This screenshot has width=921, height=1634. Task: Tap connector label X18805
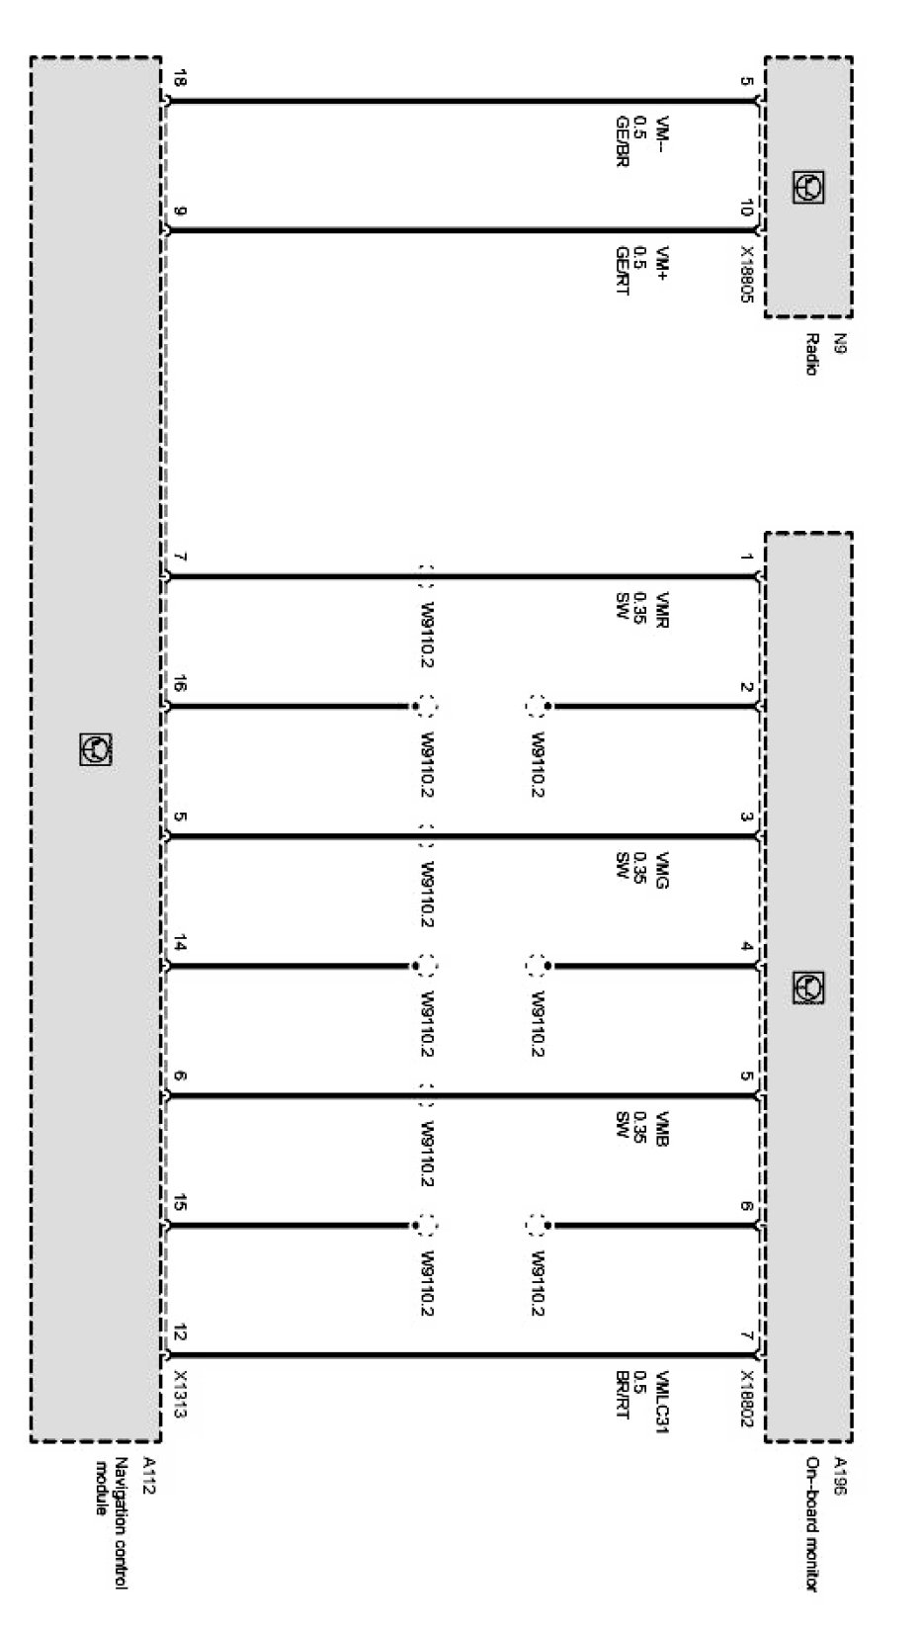point(747,274)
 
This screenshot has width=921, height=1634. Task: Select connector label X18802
point(747,1399)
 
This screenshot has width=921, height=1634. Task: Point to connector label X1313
point(180,1394)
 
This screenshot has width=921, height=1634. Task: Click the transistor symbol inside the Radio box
point(808,188)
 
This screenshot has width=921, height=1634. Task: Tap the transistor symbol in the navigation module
point(96,749)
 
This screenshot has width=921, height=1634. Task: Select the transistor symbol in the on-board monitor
point(808,988)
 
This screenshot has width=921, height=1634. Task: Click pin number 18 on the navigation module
point(180,78)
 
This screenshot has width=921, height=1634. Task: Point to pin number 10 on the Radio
point(745,208)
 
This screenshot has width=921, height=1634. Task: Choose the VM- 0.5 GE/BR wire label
point(641,140)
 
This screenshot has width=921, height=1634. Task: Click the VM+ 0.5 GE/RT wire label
point(641,270)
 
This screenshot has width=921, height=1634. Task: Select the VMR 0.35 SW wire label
point(641,609)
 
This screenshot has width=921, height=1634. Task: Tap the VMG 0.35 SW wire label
point(641,870)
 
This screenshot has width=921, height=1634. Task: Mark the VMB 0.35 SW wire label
point(641,1129)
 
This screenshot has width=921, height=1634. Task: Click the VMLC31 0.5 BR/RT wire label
point(641,1395)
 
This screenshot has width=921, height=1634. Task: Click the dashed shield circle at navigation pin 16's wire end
point(426,706)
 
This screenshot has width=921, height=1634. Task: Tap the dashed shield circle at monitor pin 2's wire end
point(537,706)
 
